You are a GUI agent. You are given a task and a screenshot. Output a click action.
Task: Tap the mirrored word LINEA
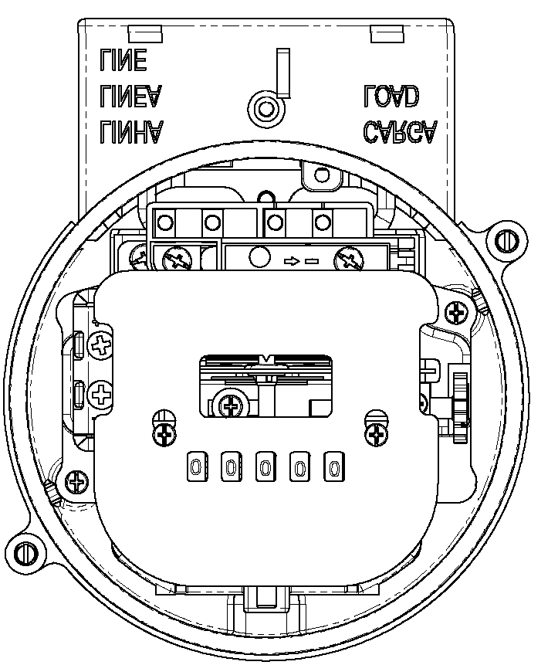click(x=131, y=97)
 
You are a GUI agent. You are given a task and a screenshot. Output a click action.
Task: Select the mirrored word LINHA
click(x=131, y=132)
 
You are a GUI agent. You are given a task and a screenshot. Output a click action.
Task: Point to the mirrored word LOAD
click(x=391, y=97)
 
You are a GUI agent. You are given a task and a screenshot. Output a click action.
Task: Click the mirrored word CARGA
click(x=400, y=132)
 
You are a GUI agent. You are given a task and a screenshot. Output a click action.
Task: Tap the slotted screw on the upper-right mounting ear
click(x=507, y=241)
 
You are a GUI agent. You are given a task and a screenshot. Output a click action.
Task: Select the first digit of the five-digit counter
click(x=197, y=467)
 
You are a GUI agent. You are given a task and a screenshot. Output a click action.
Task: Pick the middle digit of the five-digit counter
click(x=265, y=467)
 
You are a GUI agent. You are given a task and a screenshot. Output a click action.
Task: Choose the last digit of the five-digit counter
click(x=334, y=467)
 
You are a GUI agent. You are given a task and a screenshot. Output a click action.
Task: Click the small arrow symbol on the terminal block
click(x=292, y=261)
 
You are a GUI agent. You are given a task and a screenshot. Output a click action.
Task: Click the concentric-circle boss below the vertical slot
click(x=265, y=109)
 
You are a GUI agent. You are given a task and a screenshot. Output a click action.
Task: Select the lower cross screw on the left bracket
click(x=101, y=395)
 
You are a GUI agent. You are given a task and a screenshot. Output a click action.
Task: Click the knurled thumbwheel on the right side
click(x=461, y=408)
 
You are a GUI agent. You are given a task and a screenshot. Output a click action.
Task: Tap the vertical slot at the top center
click(x=283, y=72)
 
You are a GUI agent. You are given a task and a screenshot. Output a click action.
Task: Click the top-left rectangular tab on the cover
click(x=145, y=34)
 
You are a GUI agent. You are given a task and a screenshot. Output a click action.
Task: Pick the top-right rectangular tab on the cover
click(x=387, y=34)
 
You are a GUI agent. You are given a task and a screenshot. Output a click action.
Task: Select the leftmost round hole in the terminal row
click(x=165, y=222)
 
